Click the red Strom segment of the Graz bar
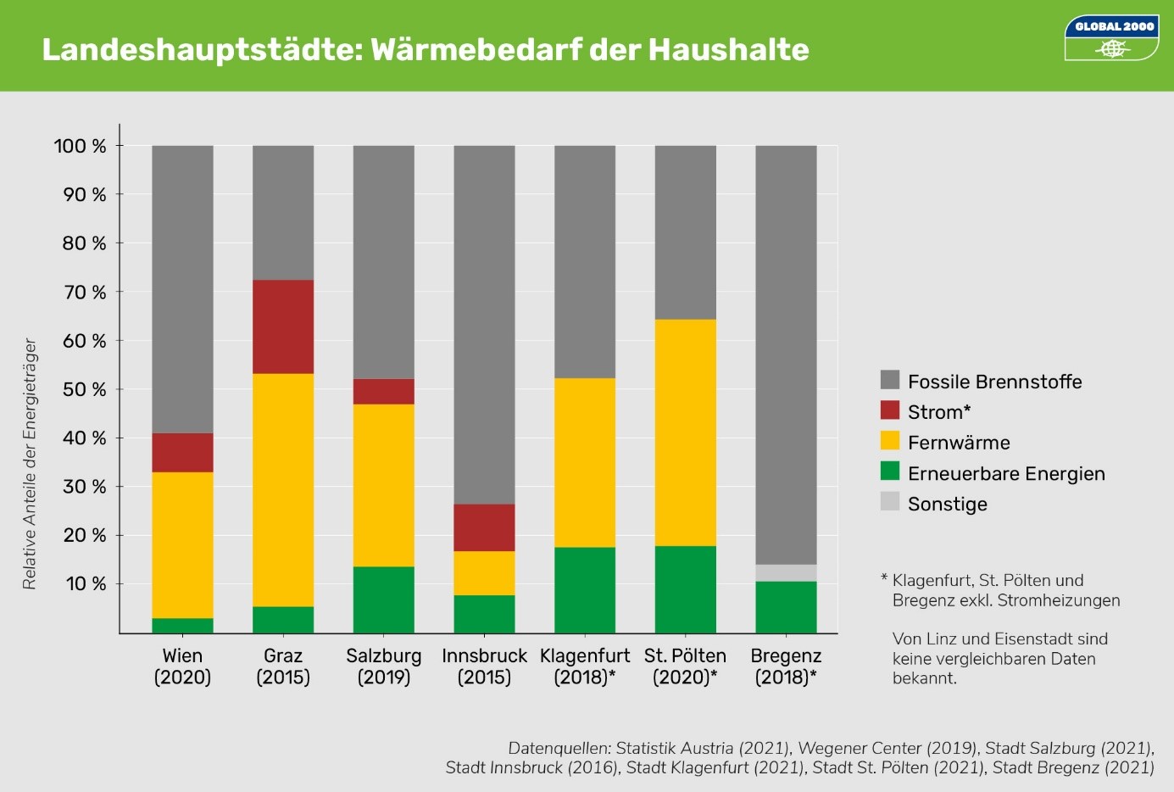click(x=283, y=326)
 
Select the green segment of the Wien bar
click(x=182, y=626)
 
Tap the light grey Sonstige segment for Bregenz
click(x=786, y=573)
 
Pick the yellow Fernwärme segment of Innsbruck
click(x=484, y=573)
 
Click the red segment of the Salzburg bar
click(x=384, y=391)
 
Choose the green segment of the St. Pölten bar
click(x=685, y=589)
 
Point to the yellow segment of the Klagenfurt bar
click(x=585, y=462)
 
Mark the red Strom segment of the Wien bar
click(x=182, y=452)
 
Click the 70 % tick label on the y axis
click(x=85, y=293)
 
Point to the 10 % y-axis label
click(x=86, y=584)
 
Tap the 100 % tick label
click(x=81, y=146)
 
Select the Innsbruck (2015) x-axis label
click(x=484, y=667)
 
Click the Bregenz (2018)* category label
click(x=786, y=667)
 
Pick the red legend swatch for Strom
click(x=890, y=410)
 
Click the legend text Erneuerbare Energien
click(x=1006, y=474)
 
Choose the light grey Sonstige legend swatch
click(x=890, y=502)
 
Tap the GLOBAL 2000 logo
click(x=1111, y=38)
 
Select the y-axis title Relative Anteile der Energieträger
click(x=30, y=464)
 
